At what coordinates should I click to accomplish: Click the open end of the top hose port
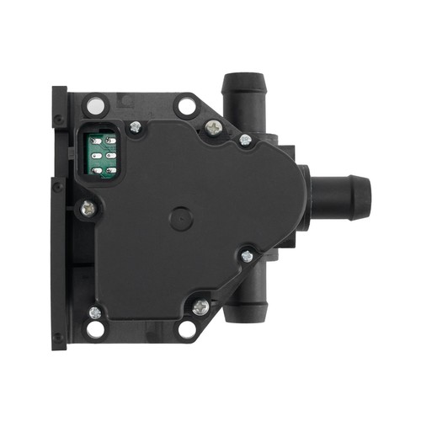[x=243, y=82]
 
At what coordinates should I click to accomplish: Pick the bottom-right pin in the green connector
[x=113, y=169]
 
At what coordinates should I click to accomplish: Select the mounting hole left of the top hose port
[x=186, y=107]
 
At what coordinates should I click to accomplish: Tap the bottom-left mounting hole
[x=96, y=328]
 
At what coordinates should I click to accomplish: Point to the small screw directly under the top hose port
[x=245, y=139]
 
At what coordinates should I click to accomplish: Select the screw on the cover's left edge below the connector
[x=87, y=207]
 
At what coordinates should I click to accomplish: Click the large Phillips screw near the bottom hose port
[x=200, y=307]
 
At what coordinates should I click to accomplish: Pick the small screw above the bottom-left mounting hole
[x=94, y=312]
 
